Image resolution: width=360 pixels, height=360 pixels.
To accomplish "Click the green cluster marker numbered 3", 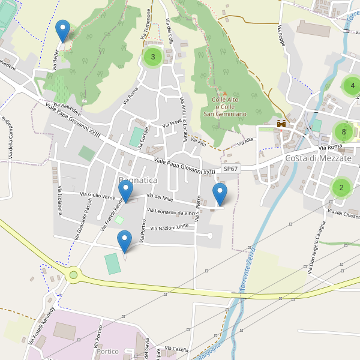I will coord(152,57).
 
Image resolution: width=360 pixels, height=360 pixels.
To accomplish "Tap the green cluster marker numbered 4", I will coord(352,86).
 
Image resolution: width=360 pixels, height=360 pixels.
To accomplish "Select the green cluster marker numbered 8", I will coord(343,132).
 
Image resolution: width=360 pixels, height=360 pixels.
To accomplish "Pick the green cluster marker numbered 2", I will coord(341,187).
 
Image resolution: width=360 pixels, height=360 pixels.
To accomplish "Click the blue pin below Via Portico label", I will coord(125,242).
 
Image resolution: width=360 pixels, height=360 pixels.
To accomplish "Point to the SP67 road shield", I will coord(230,169).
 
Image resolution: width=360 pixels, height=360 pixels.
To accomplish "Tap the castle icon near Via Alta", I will coord(280,124).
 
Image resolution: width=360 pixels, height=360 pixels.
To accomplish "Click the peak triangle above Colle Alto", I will coord(225,94).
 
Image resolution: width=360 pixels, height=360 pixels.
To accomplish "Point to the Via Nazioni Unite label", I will coord(170,227).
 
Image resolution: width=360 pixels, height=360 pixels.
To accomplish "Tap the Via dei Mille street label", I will coord(159,197).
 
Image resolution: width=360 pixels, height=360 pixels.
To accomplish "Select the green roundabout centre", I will coord(74,275).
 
